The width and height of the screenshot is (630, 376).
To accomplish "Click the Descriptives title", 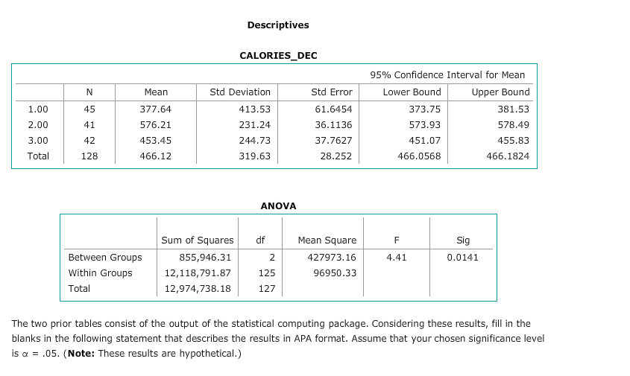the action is point(277,25).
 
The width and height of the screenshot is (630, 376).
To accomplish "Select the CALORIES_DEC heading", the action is point(277,56).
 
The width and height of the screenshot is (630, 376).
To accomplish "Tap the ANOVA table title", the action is point(278,205).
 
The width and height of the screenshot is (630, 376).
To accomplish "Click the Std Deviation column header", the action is point(240,92).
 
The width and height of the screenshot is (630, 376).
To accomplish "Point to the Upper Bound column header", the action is point(500,92).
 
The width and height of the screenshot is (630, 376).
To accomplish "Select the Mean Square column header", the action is point(327,240).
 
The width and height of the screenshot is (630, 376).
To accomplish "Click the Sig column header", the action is point(463,240).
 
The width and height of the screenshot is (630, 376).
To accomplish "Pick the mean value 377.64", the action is point(156,109).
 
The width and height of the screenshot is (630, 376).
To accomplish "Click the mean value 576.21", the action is point(156,124).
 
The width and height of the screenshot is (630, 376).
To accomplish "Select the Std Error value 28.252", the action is point(337,156).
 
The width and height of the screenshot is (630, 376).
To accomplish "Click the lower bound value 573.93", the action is point(426,124).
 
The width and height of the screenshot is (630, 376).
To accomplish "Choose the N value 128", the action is point(89,156).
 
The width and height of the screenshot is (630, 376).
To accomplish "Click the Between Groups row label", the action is point(104,258).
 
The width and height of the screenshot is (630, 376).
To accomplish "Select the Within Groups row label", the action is point(100,273).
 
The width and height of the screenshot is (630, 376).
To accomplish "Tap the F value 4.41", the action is point(396,258).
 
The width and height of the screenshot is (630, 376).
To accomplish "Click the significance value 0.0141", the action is point(462,258).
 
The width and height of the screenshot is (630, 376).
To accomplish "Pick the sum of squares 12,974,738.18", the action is point(197,289).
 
